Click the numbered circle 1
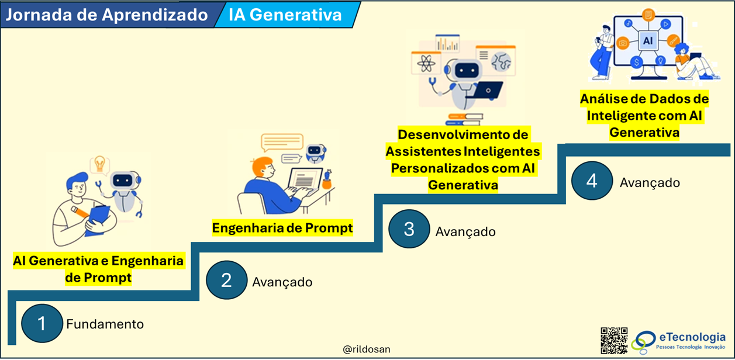(42, 323)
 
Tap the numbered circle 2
(226, 280)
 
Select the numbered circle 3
(409, 229)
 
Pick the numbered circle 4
(592, 181)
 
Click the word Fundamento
(105, 324)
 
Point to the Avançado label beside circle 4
(650, 183)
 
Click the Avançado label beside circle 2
(282, 282)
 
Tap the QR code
(614, 341)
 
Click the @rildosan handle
(367, 349)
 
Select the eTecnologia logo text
(692, 337)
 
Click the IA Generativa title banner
(285, 15)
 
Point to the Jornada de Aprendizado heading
(107, 15)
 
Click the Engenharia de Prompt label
(282, 228)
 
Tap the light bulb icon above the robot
(99, 164)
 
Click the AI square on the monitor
(648, 41)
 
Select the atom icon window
(426, 63)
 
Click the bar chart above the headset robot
(447, 43)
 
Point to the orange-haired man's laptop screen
(305, 179)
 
